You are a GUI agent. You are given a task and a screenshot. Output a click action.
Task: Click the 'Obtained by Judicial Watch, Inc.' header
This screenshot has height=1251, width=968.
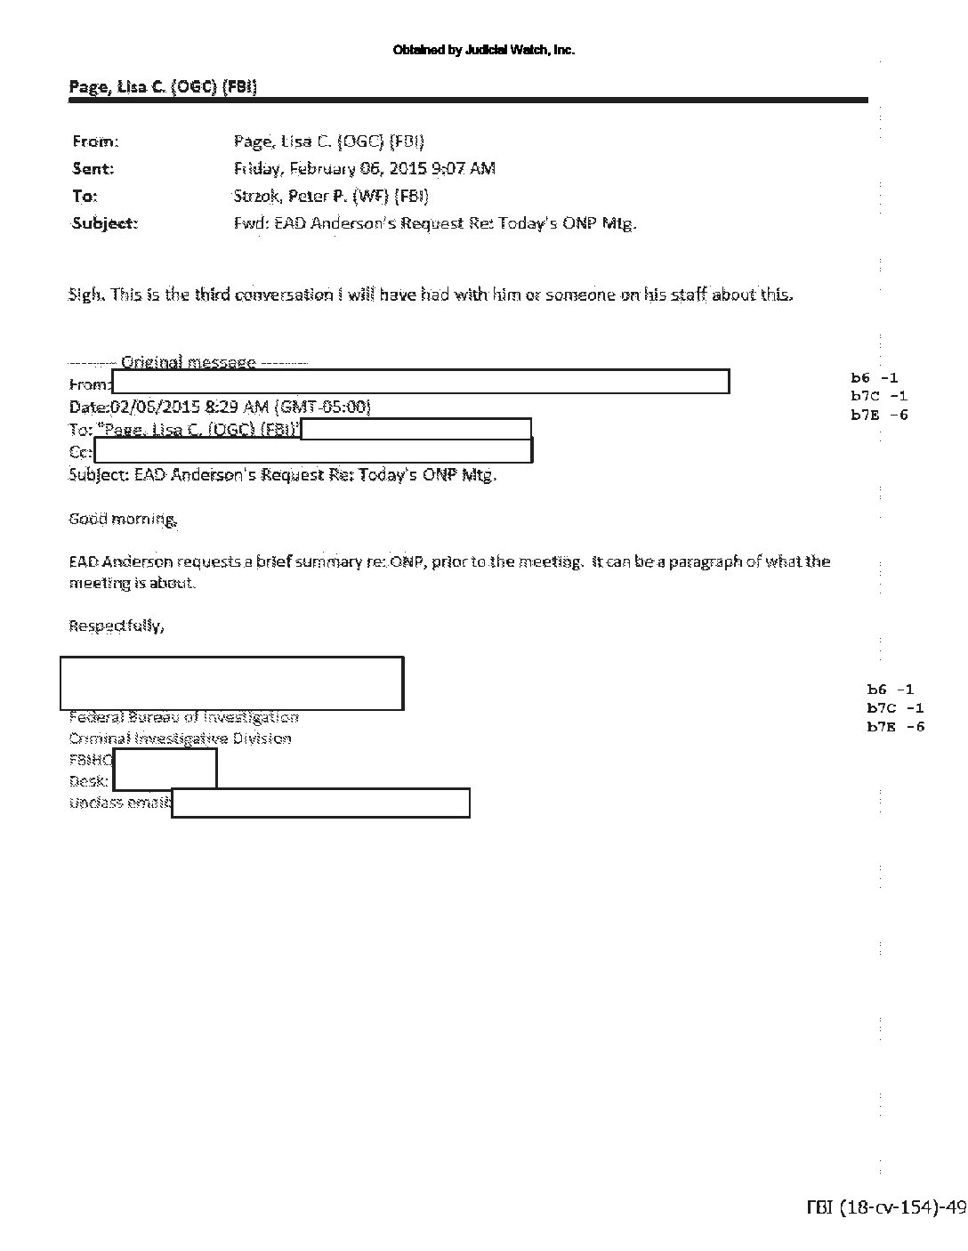(484, 50)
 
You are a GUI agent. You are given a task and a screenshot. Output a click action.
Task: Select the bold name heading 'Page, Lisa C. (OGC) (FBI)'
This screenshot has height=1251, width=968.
(163, 86)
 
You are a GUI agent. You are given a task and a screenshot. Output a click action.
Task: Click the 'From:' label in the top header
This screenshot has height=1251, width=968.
(95, 141)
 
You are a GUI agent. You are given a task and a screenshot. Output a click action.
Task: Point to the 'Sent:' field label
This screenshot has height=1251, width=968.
(93, 168)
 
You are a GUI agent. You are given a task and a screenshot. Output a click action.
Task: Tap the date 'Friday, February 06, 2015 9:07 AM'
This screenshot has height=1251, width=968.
(365, 168)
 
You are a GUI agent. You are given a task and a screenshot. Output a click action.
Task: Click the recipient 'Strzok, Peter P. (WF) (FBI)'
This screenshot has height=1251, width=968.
(331, 196)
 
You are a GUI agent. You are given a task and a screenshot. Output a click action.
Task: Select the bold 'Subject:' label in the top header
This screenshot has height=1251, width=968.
(105, 223)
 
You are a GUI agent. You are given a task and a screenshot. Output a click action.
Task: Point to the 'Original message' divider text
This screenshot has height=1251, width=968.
(188, 362)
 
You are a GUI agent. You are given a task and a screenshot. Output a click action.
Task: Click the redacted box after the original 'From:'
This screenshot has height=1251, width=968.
(420, 382)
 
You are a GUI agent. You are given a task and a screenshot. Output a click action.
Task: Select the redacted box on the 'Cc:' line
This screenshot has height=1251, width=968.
(313, 451)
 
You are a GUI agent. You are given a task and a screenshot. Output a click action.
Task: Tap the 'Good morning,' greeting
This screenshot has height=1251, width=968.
(123, 519)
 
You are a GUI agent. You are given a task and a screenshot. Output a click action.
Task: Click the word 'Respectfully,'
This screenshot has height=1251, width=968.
(117, 625)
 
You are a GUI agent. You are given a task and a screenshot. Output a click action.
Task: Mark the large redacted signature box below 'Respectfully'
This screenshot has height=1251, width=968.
(231, 683)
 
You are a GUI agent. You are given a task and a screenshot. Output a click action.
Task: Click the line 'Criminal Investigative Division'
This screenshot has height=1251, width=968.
(180, 738)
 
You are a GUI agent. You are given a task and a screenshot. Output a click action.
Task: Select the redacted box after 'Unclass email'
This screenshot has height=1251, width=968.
(320, 803)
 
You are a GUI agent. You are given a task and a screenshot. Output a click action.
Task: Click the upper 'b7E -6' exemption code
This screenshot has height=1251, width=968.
(879, 415)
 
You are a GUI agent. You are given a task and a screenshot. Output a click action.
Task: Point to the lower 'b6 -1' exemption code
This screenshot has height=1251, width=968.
(891, 690)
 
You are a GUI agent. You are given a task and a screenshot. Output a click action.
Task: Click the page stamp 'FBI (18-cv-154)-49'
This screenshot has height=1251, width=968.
(881, 1207)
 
